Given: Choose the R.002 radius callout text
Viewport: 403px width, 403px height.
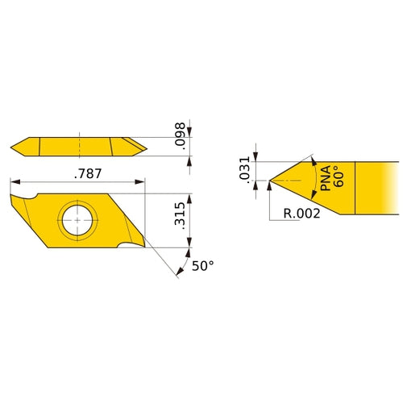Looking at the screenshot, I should click(303, 214).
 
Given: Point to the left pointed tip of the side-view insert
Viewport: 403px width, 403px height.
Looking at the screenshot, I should click(12, 147).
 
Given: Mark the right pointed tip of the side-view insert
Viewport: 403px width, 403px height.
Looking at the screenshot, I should click(146, 147).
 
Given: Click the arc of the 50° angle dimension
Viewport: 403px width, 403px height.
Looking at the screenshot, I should click(178, 266).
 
